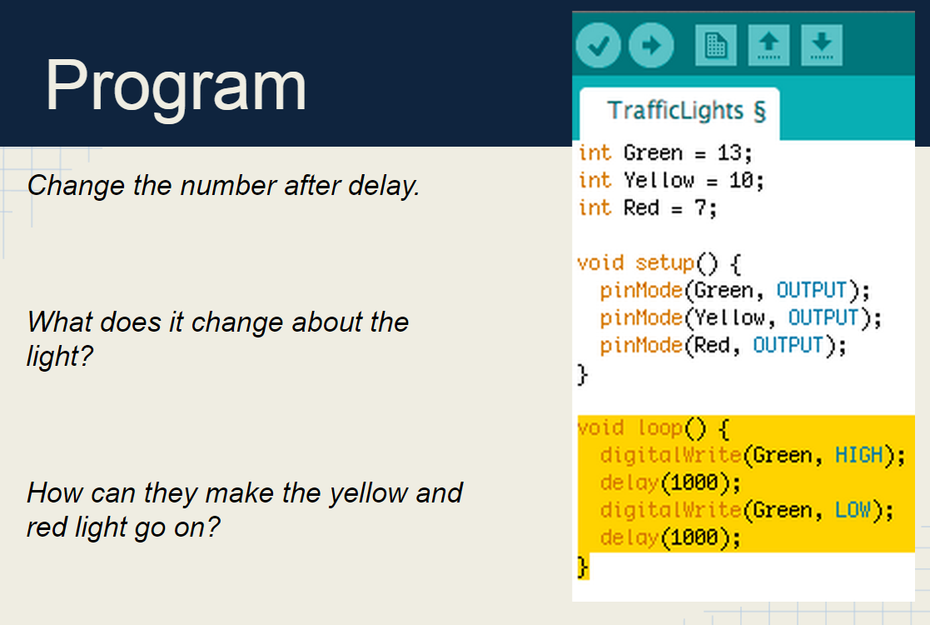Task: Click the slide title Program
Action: tap(176, 86)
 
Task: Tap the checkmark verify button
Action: tap(598, 46)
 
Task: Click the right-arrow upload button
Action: tap(651, 46)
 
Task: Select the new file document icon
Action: tap(716, 45)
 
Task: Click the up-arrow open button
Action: tap(769, 45)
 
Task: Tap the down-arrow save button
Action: tap(822, 45)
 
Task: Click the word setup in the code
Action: tap(664, 263)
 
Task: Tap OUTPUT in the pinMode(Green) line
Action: tap(810, 291)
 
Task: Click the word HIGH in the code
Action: tap(858, 455)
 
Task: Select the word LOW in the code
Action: tap(853, 510)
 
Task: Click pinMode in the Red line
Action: tap(640, 345)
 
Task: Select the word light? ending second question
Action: tap(60, 357)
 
